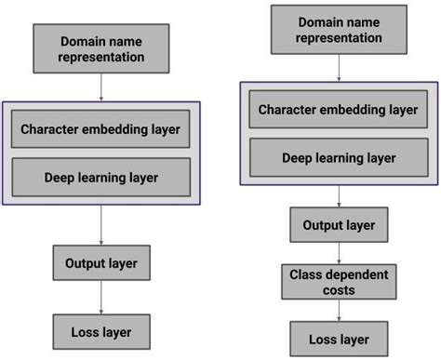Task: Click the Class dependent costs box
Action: click(x=339, y=281)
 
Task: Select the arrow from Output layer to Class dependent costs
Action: click(x=339, y=252)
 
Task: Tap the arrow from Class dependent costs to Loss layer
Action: click(x=339, y=311)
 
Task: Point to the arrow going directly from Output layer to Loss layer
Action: click(x=100, y=298)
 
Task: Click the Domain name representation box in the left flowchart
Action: click(x=100, y=49)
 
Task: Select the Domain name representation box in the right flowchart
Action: click(x=339, y=31)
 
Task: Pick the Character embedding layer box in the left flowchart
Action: click(x=100, y=128)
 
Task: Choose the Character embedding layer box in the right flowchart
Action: click(x=339, y=111)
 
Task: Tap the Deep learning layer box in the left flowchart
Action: click(x=100, y=176)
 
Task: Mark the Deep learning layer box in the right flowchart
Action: click(x=339, y=157)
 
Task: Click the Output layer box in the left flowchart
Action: click(x=100, y=263)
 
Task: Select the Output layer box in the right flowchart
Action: click(x=339, y=224)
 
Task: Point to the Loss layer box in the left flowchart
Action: click(x=100, y=331)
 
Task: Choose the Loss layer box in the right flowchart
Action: click(x=339, y=339)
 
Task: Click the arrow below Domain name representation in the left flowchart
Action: click(x=100, y=87)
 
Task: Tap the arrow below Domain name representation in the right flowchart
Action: click(x=339, y=67)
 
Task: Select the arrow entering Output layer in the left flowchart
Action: click(x=100, y=224)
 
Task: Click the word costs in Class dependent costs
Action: click(x=339, y=288)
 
